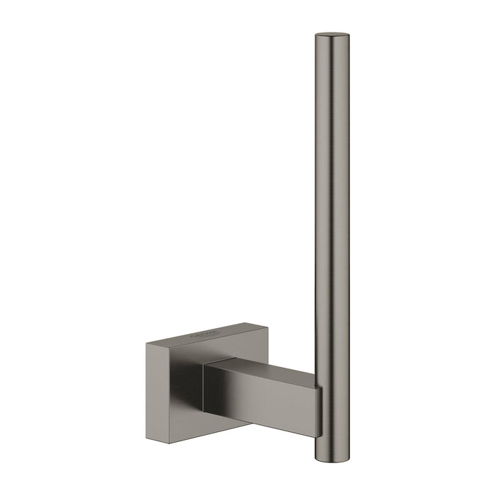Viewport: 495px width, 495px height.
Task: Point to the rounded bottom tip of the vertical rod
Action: coord(332,440)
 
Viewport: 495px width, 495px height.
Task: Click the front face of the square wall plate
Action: coord(173,382)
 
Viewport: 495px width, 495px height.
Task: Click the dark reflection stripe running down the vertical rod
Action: coord(327,212)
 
